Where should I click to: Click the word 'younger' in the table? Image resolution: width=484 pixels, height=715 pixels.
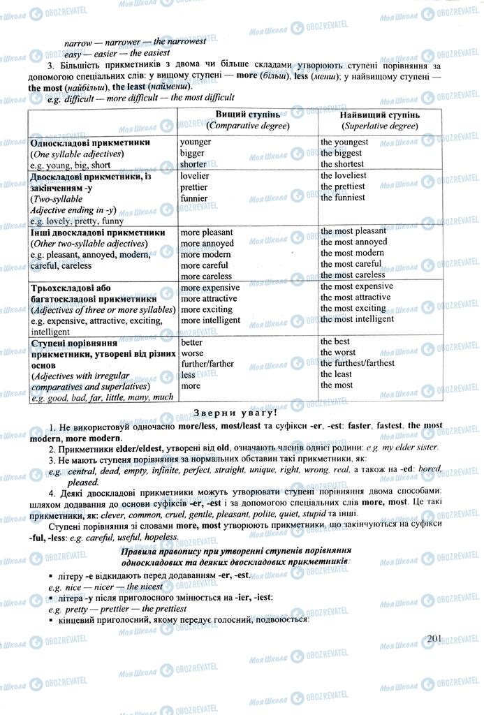tap(196, 142)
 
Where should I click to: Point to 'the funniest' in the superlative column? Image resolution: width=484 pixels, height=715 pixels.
tap(343, 198)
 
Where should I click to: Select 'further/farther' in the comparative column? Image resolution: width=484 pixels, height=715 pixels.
tap(207, 364)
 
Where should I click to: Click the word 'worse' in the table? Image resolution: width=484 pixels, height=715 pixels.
tap(192, 353)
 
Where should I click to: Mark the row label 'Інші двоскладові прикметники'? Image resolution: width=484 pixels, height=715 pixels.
tap(98, 232)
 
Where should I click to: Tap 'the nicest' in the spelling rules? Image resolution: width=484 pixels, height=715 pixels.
tap(144, 587)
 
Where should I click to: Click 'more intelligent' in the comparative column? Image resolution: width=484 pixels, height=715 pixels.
tap(210, 320)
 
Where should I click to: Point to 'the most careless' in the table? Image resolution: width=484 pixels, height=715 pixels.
tap(353, 275)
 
